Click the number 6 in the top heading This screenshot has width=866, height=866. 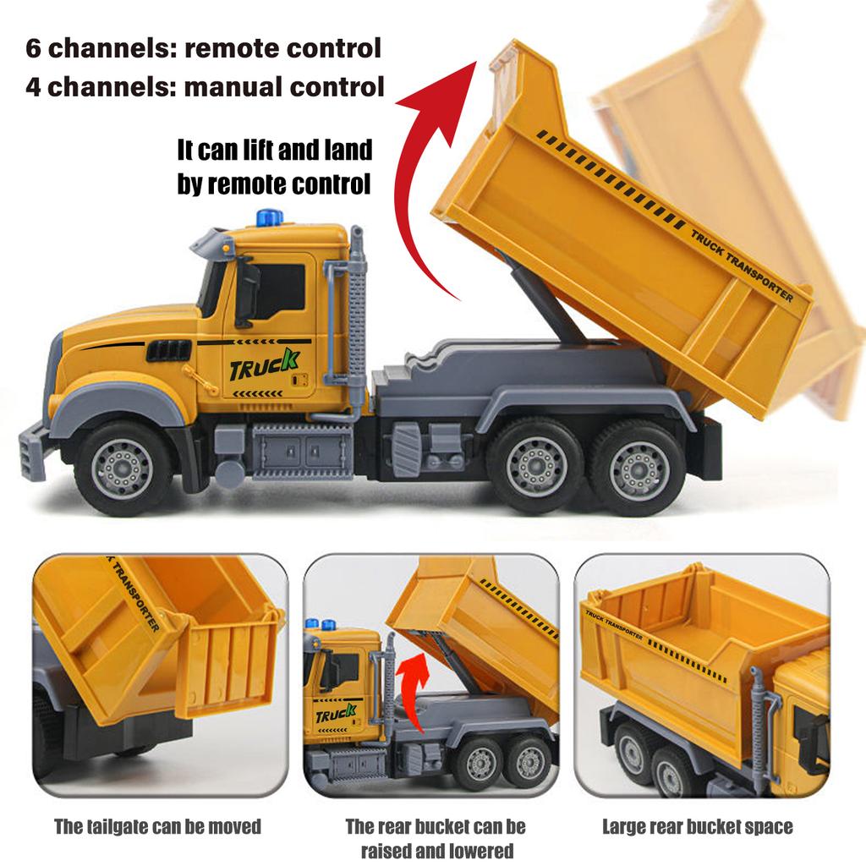[x=34, y=48]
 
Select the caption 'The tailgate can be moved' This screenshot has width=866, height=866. [x=157, y=826]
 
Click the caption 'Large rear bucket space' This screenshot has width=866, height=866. [x=698, y=826]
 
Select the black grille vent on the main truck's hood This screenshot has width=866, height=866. [x=168, y=351]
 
